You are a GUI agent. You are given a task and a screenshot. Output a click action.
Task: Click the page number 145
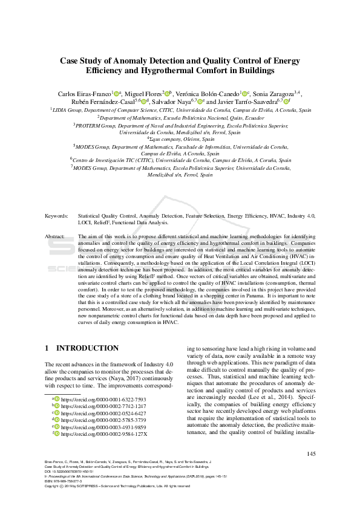pyautogui.click(x=311, y=455)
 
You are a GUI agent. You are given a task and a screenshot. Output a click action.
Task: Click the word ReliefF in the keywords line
pyautogui.click(x=88, y=222)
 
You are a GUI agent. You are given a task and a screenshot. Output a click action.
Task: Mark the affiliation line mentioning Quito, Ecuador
pyautogui.click(x=180, y=119)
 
